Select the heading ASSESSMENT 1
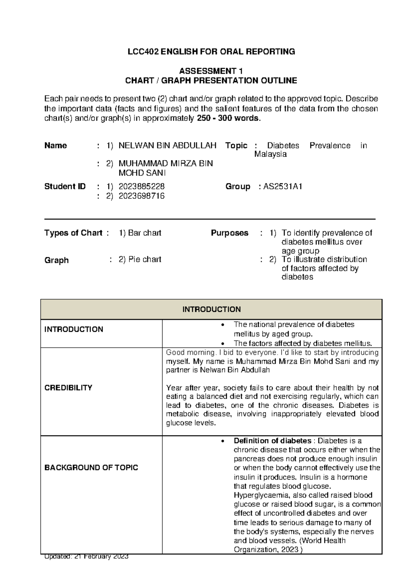(211, 71)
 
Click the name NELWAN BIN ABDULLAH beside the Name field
(167, 146)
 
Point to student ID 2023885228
(141, 187)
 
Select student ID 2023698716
(141, 196)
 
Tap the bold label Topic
(236, 146)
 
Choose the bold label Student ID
(65, 187)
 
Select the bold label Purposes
(229, 233)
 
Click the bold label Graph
(56, 260)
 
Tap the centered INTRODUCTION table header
(211, 310)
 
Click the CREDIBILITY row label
(68, 388)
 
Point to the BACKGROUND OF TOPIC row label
(91, 468)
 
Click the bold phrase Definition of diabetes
(272, 441)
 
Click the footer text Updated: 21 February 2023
(86, 557)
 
